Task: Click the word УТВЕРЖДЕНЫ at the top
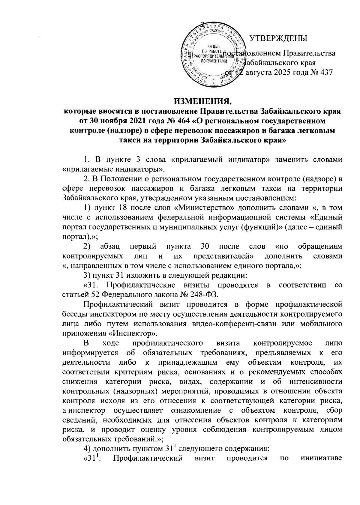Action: click(279, 38)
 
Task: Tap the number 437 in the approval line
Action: click(326, 73)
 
